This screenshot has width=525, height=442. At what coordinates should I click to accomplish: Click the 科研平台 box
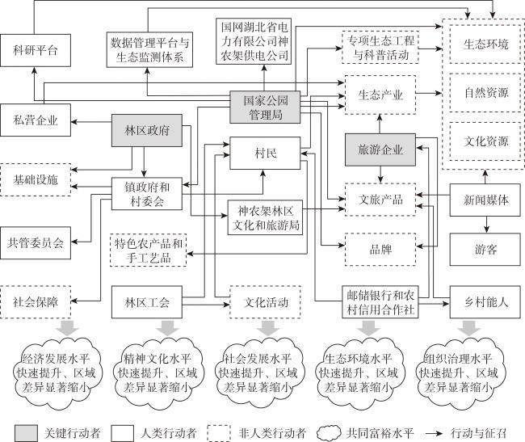point(36,50)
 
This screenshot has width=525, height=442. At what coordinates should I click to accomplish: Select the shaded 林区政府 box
point(147,130)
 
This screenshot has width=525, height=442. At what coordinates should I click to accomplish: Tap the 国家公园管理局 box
point(265,107)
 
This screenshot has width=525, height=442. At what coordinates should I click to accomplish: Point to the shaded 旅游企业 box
point(380,149)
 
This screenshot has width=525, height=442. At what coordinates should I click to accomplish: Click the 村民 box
point(265,153)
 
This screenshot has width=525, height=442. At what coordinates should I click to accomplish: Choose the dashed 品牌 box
point(380,250)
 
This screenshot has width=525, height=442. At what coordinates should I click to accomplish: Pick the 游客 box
point(485,250)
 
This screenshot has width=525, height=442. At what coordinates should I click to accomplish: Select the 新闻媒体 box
point(485,200)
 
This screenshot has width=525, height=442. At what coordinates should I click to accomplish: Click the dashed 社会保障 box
point(36,301)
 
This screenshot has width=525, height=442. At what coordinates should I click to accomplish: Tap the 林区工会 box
point(147,301)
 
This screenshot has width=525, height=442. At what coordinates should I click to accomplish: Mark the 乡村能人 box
point(485,301)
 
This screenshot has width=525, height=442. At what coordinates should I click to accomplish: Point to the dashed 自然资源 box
point(485,93)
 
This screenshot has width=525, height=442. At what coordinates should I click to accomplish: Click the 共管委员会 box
point(36,242)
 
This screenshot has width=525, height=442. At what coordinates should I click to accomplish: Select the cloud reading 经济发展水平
point(54,373)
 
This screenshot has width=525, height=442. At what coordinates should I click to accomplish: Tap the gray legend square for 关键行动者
point(26,433)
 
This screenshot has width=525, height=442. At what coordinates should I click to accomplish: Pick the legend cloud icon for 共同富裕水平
point(329,433)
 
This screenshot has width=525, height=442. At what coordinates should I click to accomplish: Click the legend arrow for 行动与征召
point(435,433)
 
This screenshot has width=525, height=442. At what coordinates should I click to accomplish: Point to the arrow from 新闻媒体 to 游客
point(486,225)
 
